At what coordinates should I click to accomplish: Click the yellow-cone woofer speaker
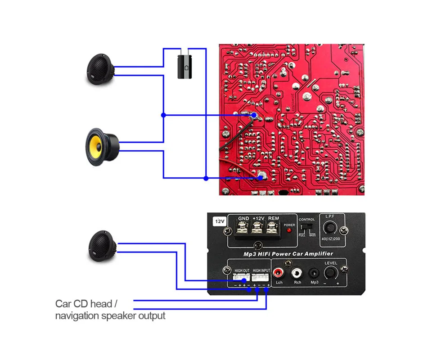(102, 146)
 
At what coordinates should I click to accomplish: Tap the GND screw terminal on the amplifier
(243, 228)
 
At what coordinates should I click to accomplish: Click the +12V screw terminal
(258, 228)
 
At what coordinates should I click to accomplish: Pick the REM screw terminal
(272, 228)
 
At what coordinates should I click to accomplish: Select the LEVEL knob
(331, 272)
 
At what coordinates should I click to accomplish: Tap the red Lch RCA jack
(279, 272)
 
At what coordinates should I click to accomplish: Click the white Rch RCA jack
(297, 272)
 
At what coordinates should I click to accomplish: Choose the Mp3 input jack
(314, 273)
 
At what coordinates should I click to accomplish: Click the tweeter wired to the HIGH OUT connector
(102, 246)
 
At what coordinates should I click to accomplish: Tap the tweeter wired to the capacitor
(101, 70)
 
